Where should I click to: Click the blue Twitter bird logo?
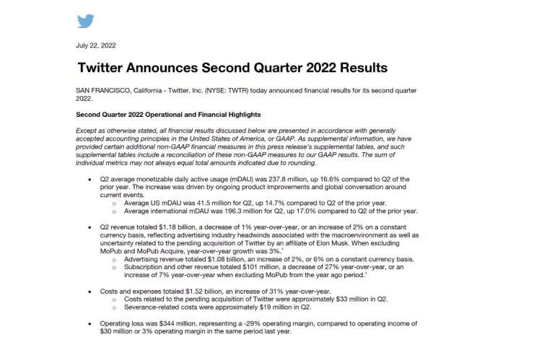[x=86, y=21]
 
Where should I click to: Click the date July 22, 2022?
[x=96, y=45]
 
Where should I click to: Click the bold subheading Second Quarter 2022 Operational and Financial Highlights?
[x=168, y=115]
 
